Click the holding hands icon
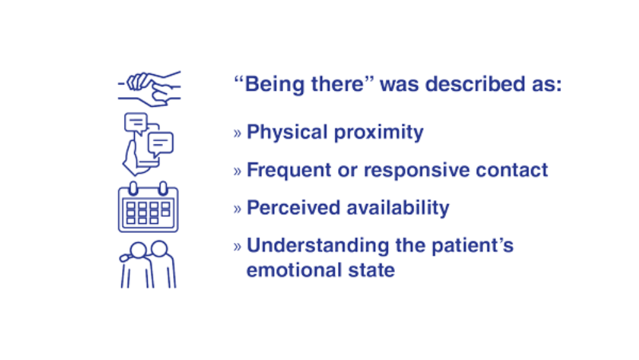(150, 88)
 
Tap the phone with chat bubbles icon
(148, 144)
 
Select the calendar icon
(148, 207)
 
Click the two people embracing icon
(148, 264)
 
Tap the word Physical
(288, 132)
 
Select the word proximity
(378, 132)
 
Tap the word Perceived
(293, 208)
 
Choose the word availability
(398, 208)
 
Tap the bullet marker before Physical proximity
(238, 133)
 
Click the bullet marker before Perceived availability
(238, 209)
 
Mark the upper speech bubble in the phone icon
(136, 123)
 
